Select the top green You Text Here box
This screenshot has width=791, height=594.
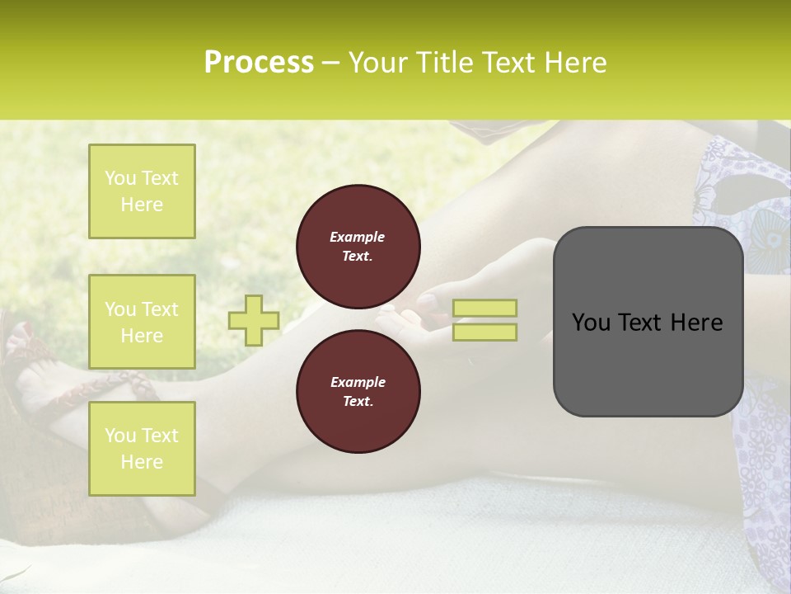(x=142, y=191)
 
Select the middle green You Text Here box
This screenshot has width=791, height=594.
(x=142, y=322)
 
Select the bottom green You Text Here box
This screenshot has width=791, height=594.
(x=142, y=448)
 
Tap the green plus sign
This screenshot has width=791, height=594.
(x=254, y=320)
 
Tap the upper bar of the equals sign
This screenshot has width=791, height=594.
(x=484, y=308)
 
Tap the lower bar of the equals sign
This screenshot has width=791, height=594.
(x=484, y=332)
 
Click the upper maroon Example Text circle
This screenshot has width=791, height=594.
(x=358, y=247)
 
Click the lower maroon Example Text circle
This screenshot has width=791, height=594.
(x=358, y=392)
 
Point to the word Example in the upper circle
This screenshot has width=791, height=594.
(x=358, y=237)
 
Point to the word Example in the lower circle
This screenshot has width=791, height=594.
(x=358, y=382)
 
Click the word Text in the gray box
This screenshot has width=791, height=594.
(x=643, y=323)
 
